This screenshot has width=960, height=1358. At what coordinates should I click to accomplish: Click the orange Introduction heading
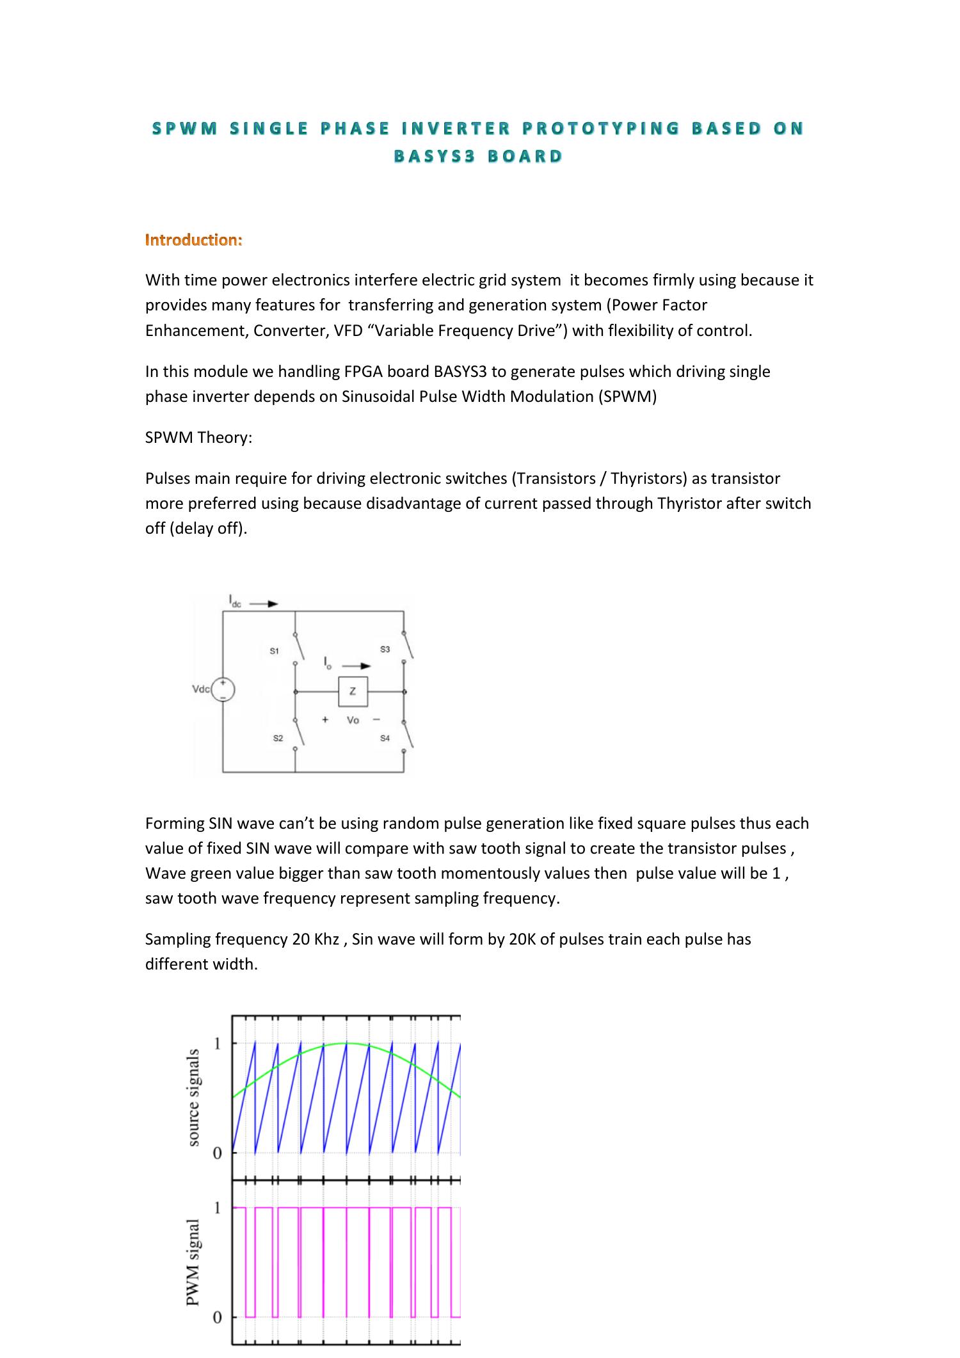(193, 240)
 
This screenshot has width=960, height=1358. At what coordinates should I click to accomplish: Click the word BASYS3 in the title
(434, 156)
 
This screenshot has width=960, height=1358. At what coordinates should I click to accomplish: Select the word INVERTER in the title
(456, 129)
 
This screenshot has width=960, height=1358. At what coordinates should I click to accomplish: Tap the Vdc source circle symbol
(223, 689)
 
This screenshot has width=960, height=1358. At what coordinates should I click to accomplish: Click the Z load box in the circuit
(353, 691)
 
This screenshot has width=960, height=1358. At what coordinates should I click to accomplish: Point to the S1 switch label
(274, 651)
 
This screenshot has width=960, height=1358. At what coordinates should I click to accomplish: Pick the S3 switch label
(385, 649)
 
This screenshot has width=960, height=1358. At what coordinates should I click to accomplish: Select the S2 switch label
(278, 738)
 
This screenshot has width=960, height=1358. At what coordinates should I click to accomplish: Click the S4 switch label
(385, 738)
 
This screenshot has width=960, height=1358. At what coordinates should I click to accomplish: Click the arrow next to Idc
(264, 603)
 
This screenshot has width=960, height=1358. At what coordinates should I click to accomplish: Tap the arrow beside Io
(356, 666)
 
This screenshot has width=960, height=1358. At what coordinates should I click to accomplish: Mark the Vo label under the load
(353, 720)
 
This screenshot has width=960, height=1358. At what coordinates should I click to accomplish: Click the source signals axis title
(193, 1097)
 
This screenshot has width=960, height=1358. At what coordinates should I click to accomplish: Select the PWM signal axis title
(193, 1261)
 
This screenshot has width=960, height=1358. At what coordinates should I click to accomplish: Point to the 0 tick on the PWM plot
(218, 1317)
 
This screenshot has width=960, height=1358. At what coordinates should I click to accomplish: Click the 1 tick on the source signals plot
(218, 1043)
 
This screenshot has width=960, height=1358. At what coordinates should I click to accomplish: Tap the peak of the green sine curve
(346, 1043)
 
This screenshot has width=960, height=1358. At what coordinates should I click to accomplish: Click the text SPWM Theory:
(198, 438)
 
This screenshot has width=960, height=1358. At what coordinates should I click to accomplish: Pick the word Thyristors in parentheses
(647, 479)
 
